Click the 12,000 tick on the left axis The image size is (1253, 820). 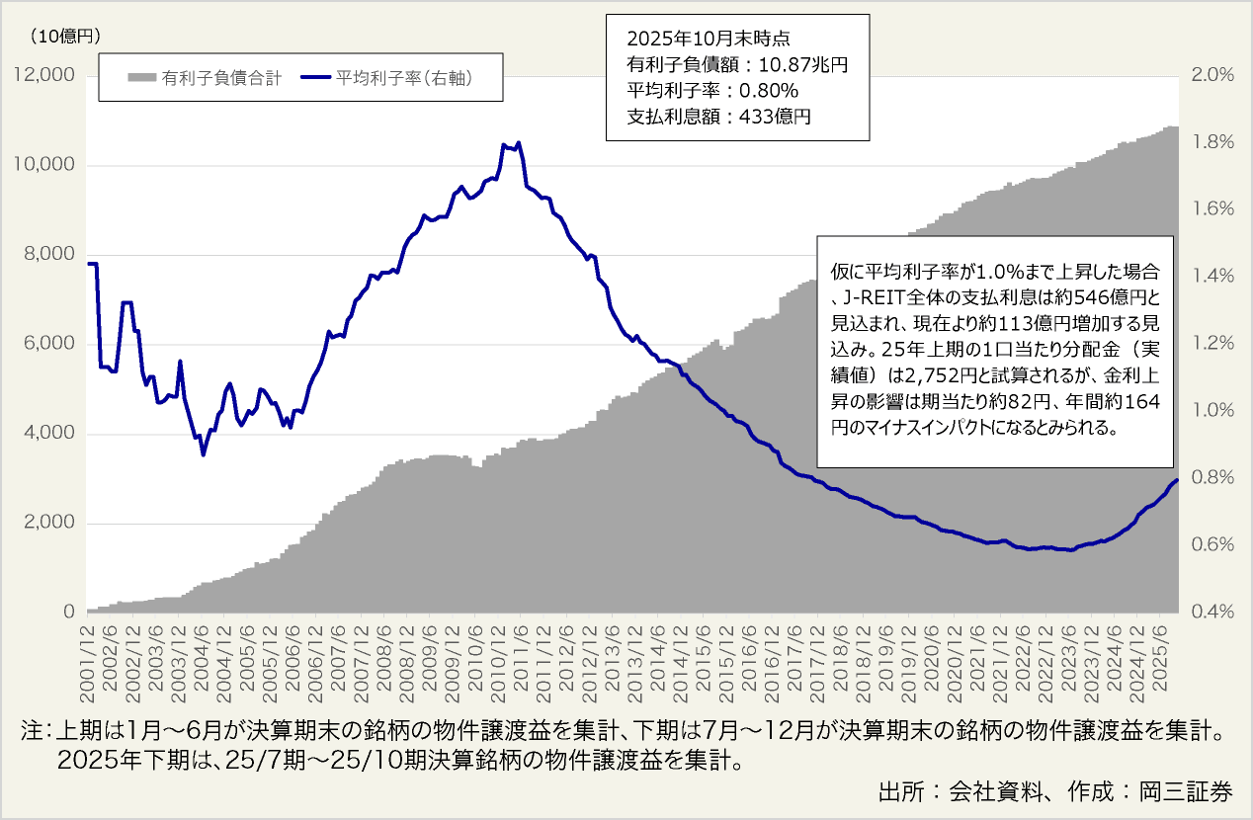(42, 76)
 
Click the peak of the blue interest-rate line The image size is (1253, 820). (519, 142)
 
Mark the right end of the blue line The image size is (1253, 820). (1176, 480)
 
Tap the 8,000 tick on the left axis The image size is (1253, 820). (47, 255)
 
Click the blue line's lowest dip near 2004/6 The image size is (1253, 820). (204, 454)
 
